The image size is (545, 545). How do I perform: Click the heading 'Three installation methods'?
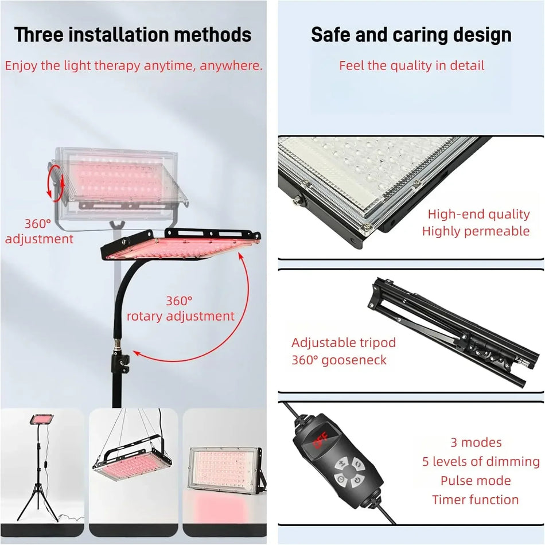pyautogui.click(x=133, y=35)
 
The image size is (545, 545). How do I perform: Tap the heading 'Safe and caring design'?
pyautogui.click(x=411, y=35)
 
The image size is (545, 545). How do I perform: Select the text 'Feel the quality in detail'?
pyautogui.click(x=411, y=65)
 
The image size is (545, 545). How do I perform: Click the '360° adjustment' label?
pyautogui.click(x=39, y=232)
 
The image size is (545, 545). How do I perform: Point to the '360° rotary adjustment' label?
pyautogui.click(x=180, y=308)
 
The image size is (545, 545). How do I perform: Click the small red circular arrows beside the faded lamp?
pyautogui.click(x=56, y=183)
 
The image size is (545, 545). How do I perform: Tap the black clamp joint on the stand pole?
pyautogui.click(x=120, y=363)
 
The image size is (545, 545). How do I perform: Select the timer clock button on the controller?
pyautogui.click(x=341, y=479)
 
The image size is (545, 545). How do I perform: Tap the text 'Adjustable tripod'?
pyautogui.click(x=344, y=342)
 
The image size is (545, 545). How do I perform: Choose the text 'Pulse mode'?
pyautogui.click(x=476, y=481)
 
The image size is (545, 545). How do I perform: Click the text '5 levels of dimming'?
pyautogui.click(x=481, y=462)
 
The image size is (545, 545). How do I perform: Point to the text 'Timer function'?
pyautogui.click(x=476, y=500)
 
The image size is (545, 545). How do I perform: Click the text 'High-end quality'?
pyautogui.click(x=478, y=214)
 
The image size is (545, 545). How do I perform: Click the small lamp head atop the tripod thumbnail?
pyautogui.click(x=41, y=419)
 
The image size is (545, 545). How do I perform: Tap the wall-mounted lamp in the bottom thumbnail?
pyautogui.click(x=226, y=470)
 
